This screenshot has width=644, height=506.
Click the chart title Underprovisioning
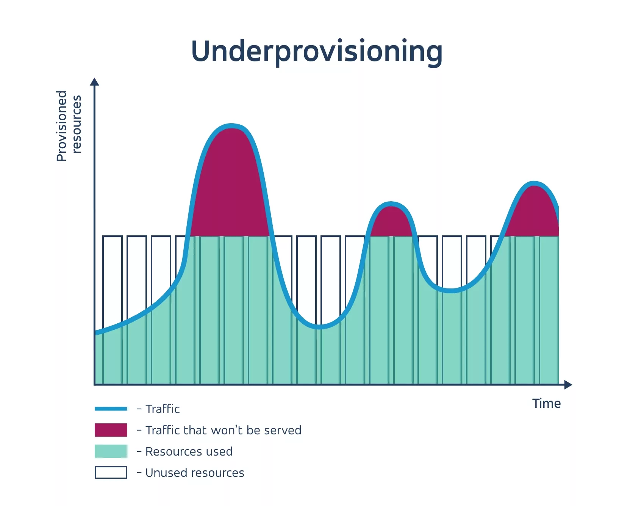tap(317, 52)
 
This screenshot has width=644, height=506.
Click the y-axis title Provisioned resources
tap(69, 125)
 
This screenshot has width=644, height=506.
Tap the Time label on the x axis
tap(546, 404)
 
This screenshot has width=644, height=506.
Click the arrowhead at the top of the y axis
tap(95, 82)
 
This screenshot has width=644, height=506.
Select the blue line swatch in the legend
tap(111, 409)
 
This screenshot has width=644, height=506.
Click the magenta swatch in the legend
tap(111, 430)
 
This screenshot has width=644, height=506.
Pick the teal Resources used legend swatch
tap(111, 451)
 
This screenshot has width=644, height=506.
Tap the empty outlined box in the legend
tap(111, 473)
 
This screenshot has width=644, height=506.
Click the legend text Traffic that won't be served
tap(223, 430)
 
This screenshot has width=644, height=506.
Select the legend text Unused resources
tap(195, 473)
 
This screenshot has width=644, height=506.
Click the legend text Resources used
tap(189, 451)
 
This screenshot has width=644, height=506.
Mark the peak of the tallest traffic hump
tap(231, 126)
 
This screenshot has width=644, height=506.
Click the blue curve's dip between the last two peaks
tap(451, 291)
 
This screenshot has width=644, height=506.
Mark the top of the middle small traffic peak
tap(391, 204)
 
